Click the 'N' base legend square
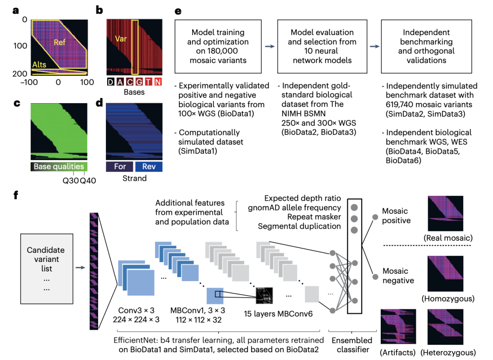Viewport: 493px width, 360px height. [x=158, y=82]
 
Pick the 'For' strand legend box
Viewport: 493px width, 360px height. [x=120, y=167]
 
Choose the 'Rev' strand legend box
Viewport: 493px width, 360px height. [x=148, y=167]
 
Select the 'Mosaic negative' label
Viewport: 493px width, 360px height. [x=395, y=276]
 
